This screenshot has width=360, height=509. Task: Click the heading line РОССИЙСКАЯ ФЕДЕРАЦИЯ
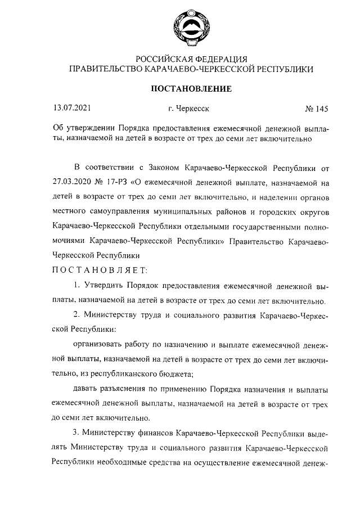point(191,59)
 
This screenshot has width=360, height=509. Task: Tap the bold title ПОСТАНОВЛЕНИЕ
point(191,89)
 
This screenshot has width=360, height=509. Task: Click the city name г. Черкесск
point(188,109)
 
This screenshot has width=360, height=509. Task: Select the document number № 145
point(316,109)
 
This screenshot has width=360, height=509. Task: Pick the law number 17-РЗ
point(115,183)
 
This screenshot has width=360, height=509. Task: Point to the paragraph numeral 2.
point(76,315)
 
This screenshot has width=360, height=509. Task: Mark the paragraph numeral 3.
point(76,433)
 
